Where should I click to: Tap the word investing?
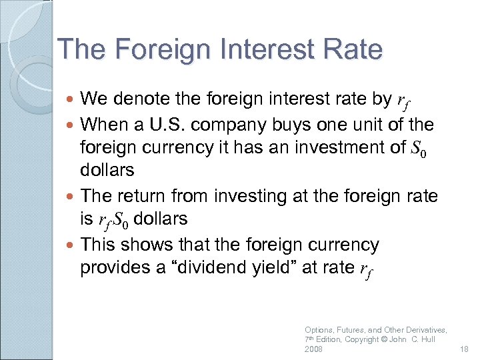[243, 196]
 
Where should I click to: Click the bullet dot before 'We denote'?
[71, 100]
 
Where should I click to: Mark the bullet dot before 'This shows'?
[71, 245]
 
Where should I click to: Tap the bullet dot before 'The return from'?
[71, 197]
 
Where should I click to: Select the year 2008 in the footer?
[313, 349]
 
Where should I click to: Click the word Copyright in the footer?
[363, 339]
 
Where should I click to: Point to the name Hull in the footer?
[426, 339]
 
